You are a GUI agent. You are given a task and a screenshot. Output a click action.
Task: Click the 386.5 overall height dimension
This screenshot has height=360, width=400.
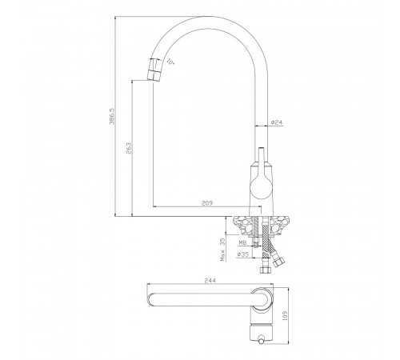(112, 116)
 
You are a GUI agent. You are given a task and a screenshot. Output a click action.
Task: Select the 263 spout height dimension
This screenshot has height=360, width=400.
(129, 149)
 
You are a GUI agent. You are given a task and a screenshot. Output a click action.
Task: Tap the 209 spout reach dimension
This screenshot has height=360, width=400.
(207, 203)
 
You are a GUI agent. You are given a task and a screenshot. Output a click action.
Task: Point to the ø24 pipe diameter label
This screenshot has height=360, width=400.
(277, 122)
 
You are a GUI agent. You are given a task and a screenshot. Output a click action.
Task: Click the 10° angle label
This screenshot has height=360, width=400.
(170, 62)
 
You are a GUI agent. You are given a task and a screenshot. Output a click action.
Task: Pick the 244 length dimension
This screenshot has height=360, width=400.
(210, 280)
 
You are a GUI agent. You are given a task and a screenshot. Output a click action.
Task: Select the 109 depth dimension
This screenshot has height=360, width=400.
(285, 316)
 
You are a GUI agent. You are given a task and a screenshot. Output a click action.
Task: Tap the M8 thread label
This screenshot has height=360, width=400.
(242, 242)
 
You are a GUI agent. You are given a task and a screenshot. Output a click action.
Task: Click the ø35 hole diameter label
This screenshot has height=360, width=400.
(243, 254)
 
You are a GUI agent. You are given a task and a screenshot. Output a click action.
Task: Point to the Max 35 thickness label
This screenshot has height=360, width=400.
(222, 250)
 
